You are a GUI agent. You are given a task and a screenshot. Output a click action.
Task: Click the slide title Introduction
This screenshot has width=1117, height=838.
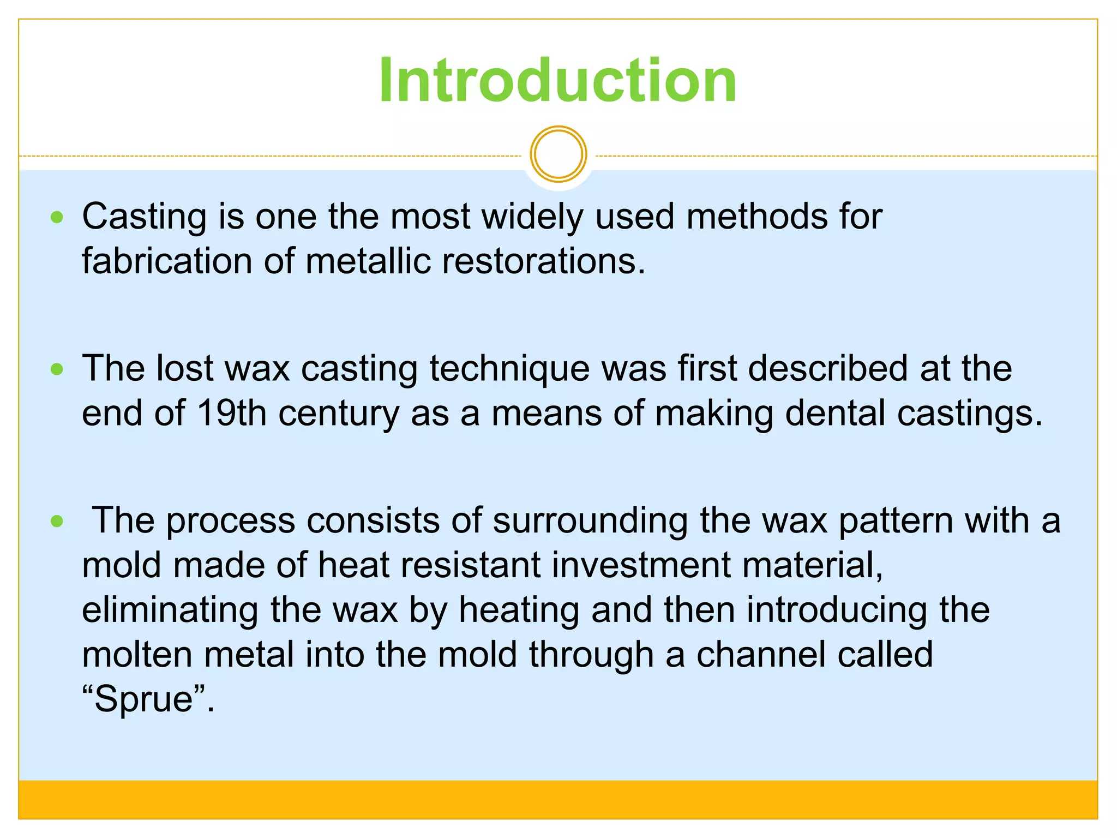(x=557, y=81)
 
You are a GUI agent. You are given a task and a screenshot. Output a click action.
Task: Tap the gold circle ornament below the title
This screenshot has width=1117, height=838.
(x=558, y=154)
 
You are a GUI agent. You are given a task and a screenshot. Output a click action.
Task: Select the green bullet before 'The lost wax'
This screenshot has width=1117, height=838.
(x=57, y=369)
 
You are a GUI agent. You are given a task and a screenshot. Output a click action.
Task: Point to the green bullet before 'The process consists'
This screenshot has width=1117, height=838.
(x=57, y=521)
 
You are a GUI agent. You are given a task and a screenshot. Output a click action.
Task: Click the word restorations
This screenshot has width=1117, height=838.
(x=543, y=261)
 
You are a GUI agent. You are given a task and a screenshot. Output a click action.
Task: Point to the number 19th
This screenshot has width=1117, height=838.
(x=231, y=413)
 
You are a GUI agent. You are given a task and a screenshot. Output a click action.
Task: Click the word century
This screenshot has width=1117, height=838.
(x=339, y=414)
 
